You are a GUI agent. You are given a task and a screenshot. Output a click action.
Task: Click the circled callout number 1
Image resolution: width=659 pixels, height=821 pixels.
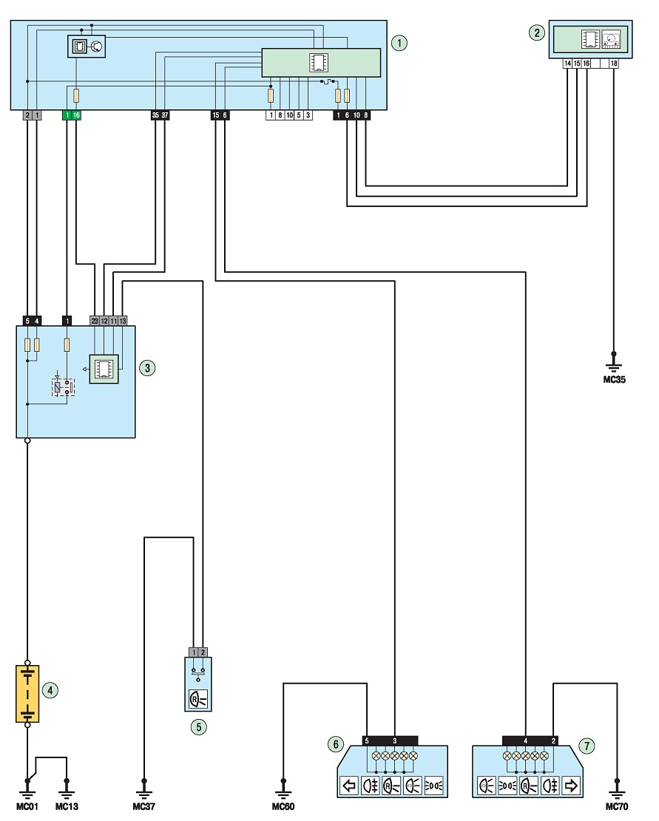(x=399, y=42)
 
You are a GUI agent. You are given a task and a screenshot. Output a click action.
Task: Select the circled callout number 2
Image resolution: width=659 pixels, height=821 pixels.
(x=536, y=33)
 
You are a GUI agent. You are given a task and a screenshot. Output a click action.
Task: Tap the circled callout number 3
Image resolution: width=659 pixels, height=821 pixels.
(x=147, y=368)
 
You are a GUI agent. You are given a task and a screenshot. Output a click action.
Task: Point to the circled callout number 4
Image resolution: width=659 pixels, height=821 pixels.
(x=50, y=690)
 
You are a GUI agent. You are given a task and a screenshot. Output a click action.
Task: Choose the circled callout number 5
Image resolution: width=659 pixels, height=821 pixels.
(x=198, y=726)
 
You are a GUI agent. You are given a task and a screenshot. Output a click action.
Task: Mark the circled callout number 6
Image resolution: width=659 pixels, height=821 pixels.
(x=336, y=744)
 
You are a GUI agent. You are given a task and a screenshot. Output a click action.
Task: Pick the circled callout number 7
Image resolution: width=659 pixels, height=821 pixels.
(x=587, y=746)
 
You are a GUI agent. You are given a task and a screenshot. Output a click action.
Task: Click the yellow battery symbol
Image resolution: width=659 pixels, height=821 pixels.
(x=27, y=694)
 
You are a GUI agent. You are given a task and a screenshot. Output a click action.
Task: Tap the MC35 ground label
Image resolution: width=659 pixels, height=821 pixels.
(x=614, y=380)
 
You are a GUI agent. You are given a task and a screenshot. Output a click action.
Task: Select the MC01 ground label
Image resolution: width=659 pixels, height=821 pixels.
(x=27, y=806)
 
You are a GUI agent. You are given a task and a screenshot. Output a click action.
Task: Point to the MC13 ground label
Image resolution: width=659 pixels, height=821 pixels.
(x=67, y=806)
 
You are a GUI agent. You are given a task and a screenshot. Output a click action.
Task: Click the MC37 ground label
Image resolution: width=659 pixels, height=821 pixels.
(x=143, y=806)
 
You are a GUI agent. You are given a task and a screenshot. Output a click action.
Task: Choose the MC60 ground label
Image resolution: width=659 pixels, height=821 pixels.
(x=283, y=806)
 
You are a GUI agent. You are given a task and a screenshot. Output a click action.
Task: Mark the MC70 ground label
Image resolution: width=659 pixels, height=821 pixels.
(x=617, y=806)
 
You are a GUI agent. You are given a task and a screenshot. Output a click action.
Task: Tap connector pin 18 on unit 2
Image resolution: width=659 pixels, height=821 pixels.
(x=614, y=64)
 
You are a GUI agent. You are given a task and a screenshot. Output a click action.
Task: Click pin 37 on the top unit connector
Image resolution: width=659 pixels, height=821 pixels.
(x=165, y=115)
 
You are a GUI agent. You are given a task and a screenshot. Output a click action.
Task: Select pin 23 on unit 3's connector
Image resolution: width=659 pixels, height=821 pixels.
(x=95, y=321)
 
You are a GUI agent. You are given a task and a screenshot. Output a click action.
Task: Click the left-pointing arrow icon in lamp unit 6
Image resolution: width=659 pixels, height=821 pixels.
(x=349, y=786)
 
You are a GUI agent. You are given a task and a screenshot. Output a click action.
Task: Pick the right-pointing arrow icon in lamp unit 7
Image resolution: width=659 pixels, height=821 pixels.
(x=571, y=786)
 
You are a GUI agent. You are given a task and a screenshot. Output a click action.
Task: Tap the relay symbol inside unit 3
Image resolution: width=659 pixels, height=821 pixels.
(x=63, y=386)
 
